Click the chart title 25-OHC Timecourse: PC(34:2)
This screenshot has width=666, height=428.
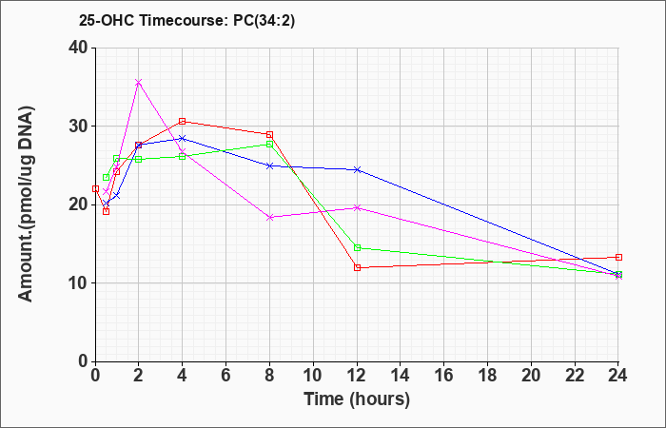(186, 21)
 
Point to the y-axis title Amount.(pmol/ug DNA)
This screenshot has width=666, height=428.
(26, 204)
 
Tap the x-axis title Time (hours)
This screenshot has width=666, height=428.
(357, 399)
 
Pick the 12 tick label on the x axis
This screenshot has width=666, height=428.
(357, 376)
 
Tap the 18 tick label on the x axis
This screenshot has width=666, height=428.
(487, 376)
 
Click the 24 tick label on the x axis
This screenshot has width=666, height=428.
(618, 376)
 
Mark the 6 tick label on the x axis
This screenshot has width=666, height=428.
(226, 376)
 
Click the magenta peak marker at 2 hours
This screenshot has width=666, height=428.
(139, 83)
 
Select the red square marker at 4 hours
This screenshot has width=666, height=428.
(183, 122)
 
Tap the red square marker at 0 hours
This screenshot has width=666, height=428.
(95, 189)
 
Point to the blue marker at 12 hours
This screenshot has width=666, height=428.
(357, 170)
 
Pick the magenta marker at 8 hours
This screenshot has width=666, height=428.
(269, 218)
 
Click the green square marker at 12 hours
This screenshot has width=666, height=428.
(357, 248)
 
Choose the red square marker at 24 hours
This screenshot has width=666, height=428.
(618, 258)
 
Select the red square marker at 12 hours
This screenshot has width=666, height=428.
(357, 268)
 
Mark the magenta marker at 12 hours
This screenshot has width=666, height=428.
(357, 208)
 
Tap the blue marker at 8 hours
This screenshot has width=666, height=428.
(269, 166)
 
